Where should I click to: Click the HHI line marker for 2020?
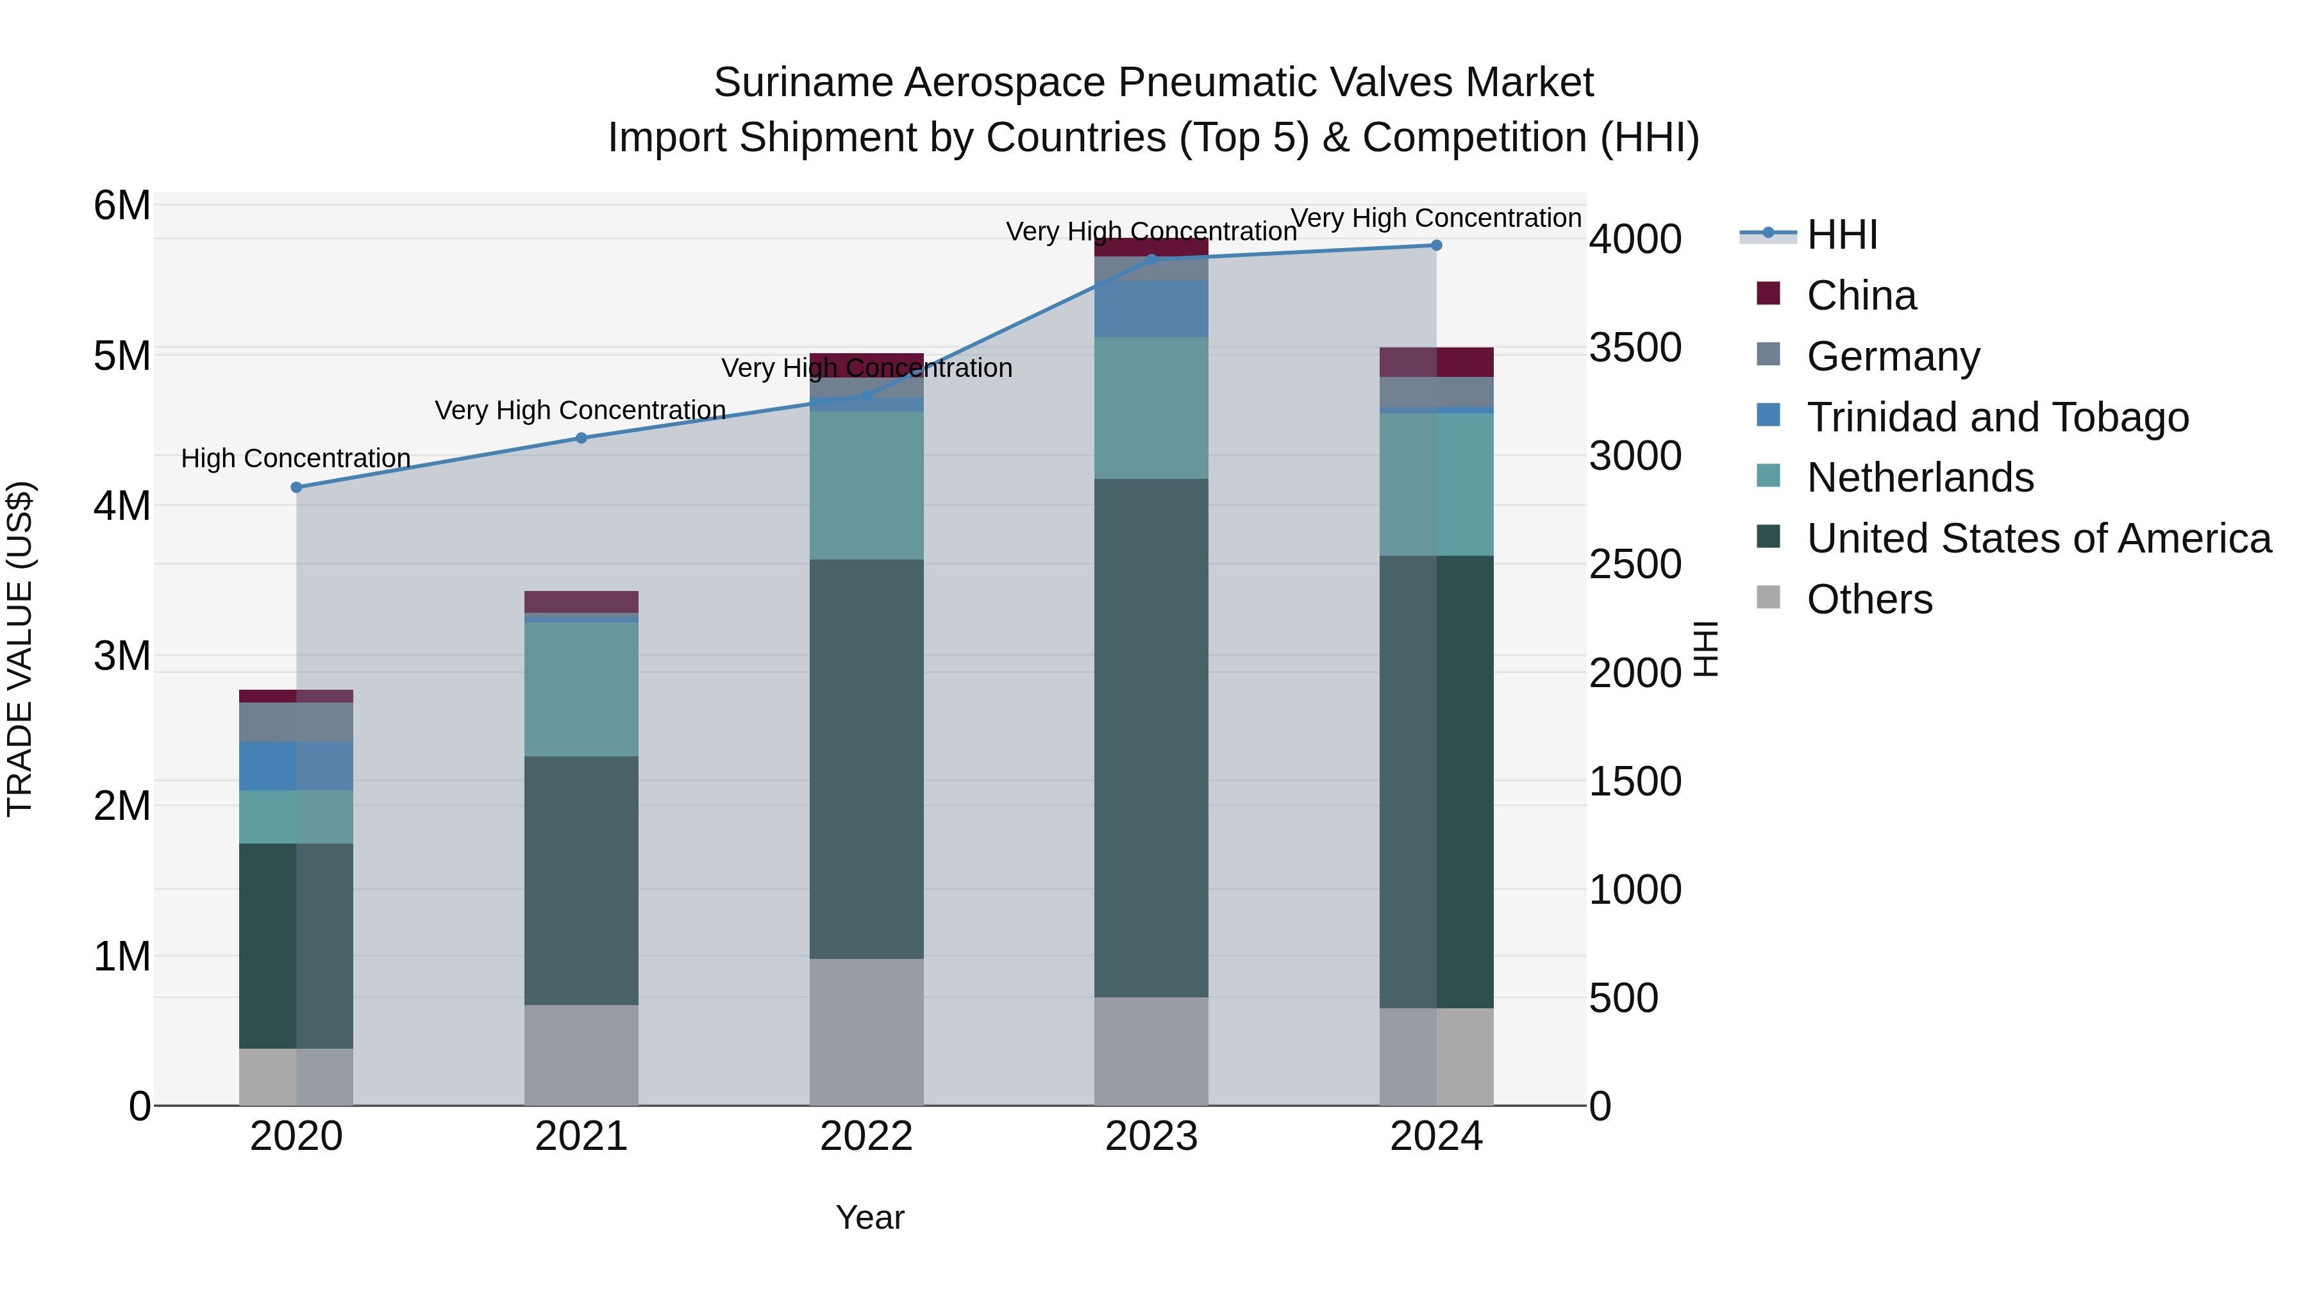[297, 487]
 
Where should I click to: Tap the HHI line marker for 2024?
[1436, 245]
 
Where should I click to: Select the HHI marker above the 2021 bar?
[581, 438]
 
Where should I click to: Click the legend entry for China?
[1861, 295]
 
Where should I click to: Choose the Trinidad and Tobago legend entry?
[1997, 417]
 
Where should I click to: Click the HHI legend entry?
[1841, 235]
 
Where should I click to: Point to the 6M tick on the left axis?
[122, 206]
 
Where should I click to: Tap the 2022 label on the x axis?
[866, 1136]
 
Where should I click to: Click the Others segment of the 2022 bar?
[866, 1032]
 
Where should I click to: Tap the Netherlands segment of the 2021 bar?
[581, 689]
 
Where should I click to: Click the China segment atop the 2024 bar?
[1436, 362]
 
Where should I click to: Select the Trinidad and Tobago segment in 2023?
[1151, 309]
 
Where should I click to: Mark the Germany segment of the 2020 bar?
[297, 722]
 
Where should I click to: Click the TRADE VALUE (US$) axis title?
[21, 649]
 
